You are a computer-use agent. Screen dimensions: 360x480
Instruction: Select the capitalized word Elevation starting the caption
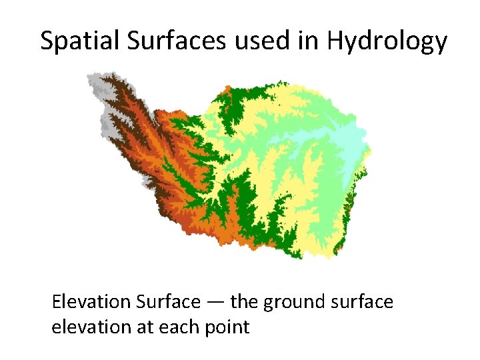91,302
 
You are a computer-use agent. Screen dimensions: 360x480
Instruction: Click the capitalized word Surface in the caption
167,302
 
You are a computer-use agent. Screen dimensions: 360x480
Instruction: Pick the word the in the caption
245,302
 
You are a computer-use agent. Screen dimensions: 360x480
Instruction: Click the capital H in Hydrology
335,41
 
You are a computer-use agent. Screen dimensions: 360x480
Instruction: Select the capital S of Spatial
47,41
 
